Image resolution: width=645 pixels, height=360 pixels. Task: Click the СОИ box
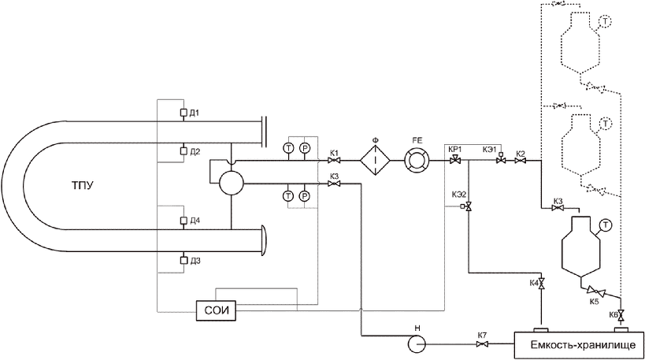(216, 310)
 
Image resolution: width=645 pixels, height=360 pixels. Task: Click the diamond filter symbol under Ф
(375, 161)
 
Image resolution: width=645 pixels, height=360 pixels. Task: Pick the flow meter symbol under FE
(417, 161)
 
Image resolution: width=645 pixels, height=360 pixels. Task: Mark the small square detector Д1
(183, 113)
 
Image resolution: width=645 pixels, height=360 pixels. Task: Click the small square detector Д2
(183, 151)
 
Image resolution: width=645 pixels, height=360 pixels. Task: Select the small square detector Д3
(183, 260)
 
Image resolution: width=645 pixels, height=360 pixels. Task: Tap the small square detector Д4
(183, 221)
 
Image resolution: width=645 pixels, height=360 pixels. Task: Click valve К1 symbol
(334, 161)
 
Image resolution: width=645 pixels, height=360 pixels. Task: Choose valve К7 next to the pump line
(482, 344)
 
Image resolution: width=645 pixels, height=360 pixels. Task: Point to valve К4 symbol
(541, 284)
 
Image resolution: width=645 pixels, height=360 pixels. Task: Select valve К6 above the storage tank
(621, 316)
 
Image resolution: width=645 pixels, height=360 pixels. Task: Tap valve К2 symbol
(521, 161)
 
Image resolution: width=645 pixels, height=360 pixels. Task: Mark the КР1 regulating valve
(455, 161)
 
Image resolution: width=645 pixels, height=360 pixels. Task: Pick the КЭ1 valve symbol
(501, 159)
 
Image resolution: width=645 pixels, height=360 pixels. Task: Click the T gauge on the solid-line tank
(606, 225)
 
